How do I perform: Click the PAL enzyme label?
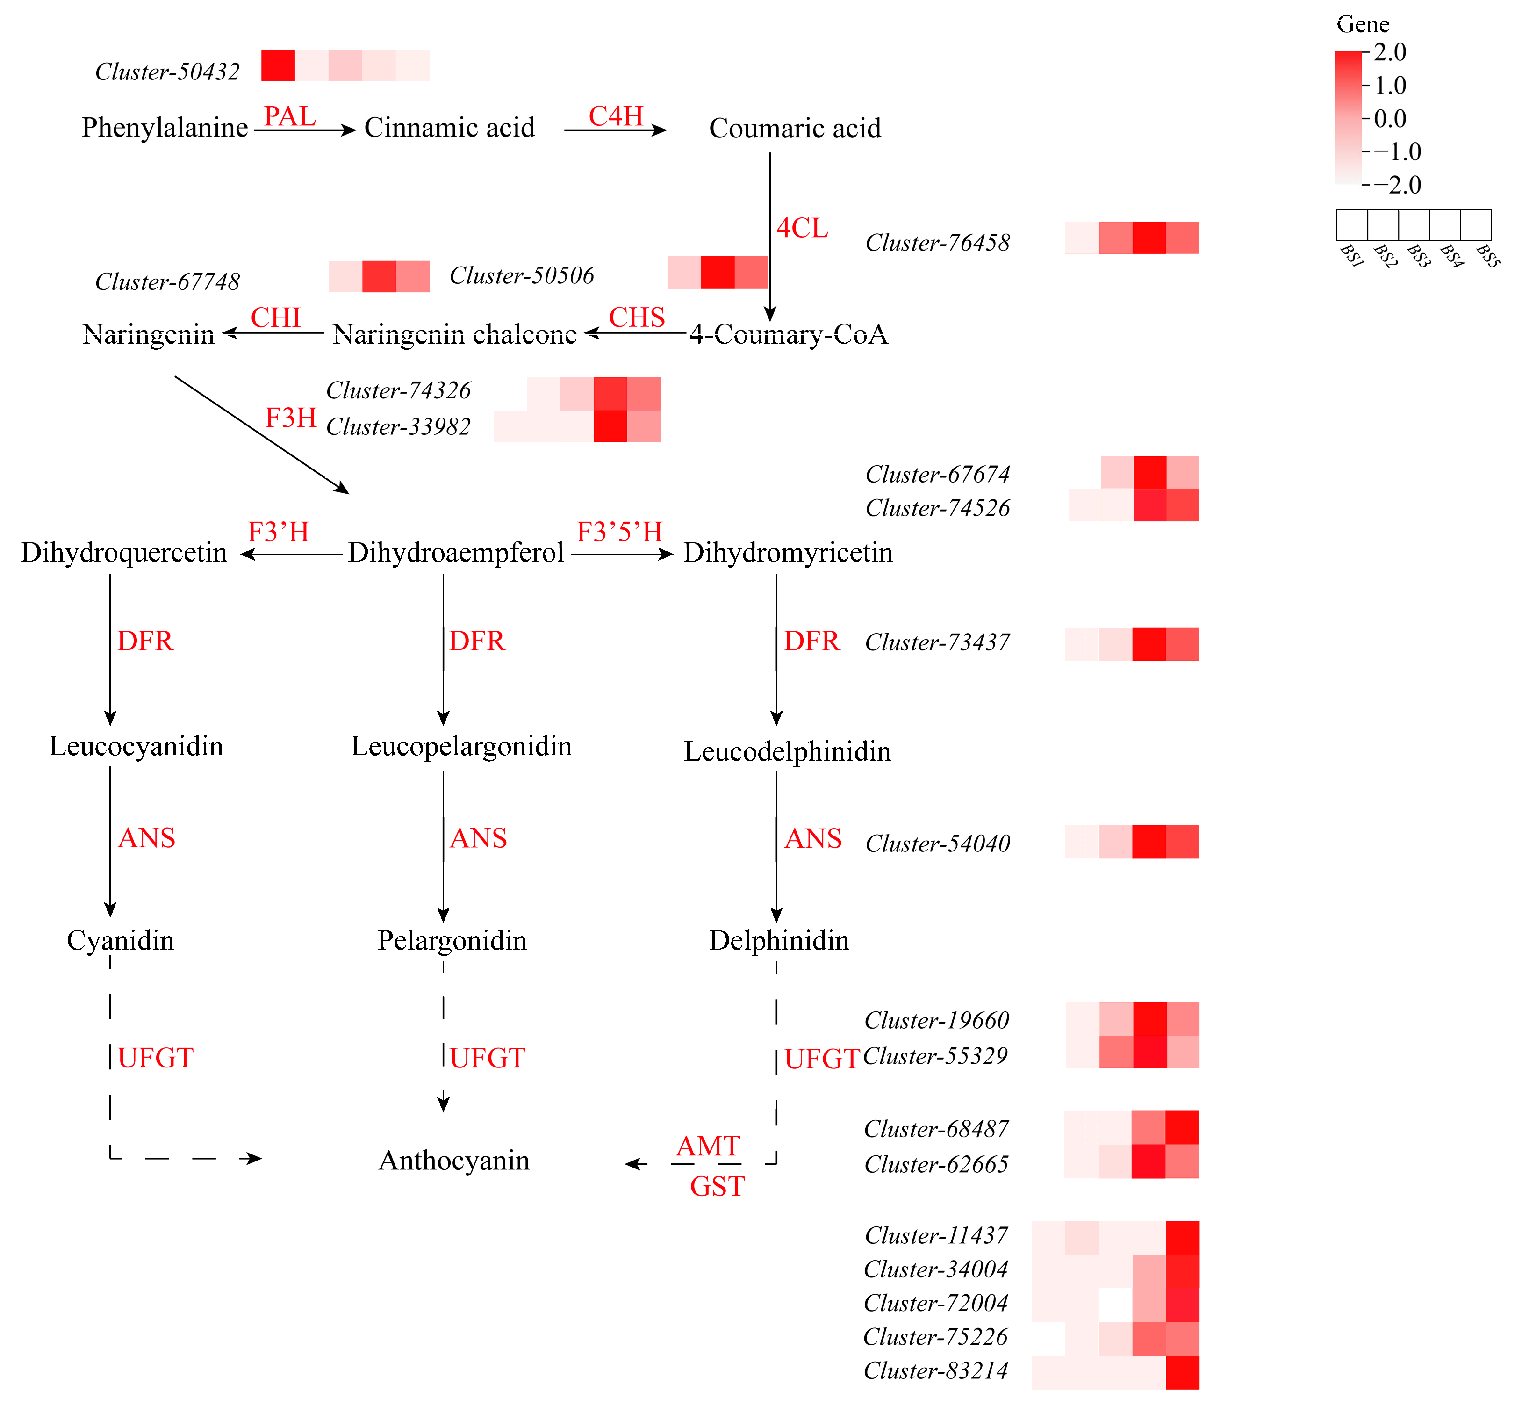point(289,116)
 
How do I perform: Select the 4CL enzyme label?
point(802,228)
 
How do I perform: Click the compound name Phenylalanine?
point(164,127)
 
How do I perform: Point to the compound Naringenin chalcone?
point(454,334)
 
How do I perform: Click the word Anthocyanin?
point(454,1160)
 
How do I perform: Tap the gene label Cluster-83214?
point(935,1370)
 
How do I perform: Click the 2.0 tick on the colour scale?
point(1390,52)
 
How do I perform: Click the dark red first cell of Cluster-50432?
point(278,65)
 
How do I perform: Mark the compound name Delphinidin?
point(779,940)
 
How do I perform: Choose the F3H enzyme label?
point(291,418)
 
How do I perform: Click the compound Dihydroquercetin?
point(124,552)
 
